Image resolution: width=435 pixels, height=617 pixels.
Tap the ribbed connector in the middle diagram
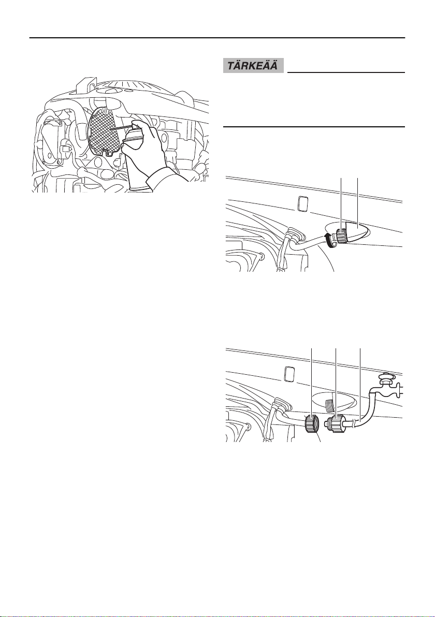pos(340,237)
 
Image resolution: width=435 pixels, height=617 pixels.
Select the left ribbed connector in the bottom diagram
pos(311,424)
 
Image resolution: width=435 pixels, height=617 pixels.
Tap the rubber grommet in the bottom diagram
pos(280,405)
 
